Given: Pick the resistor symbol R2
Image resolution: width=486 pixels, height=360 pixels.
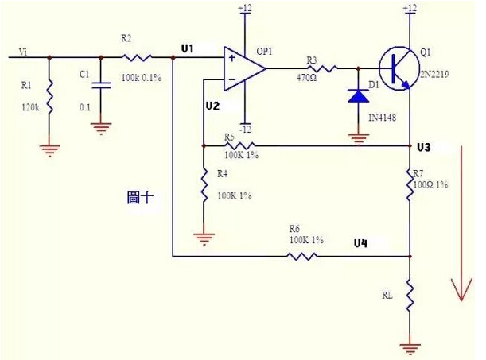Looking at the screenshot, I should (135, 57).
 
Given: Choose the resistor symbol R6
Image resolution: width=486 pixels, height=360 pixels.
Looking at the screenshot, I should (302, 256).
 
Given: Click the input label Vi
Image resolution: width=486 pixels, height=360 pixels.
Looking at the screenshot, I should (25, 52).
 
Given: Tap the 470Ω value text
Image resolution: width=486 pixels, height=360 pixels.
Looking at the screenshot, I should (309, 78).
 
